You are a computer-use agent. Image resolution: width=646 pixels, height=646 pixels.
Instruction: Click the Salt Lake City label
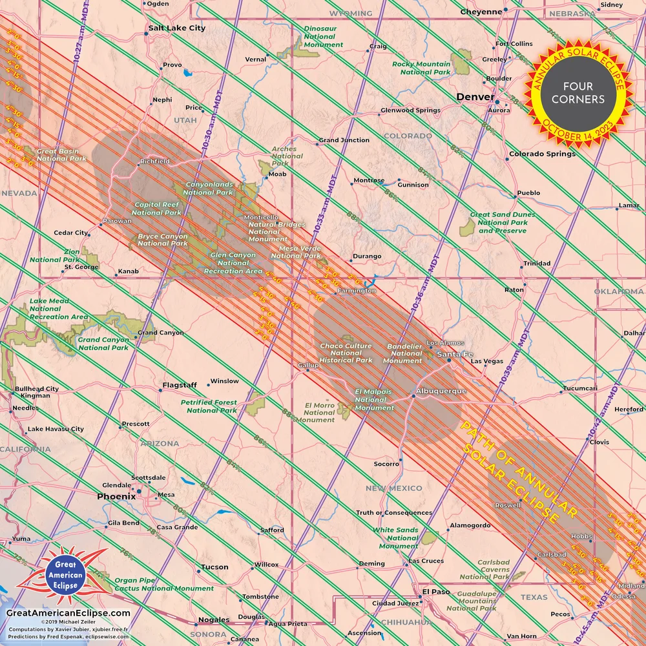coord(176,28)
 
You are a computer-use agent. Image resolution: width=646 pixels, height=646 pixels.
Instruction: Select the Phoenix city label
coord(116,497)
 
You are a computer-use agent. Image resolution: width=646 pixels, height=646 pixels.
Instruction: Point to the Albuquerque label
coord(441,391)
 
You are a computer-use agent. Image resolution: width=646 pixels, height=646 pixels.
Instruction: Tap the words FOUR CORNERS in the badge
coord(578,92)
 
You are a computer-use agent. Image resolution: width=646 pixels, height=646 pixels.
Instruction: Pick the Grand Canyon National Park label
coord(103,344)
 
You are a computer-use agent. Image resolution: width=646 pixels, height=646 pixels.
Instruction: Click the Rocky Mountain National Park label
coord(421,68)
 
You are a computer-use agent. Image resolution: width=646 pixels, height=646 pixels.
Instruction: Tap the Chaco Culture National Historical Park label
coord(346,353)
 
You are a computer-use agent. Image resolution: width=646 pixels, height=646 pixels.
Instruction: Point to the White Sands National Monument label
coord(395,537)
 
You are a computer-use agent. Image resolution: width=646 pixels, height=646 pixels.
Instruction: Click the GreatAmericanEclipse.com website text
coord(68,613)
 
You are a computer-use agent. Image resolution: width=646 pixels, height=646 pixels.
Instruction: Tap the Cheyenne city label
coord(481,12)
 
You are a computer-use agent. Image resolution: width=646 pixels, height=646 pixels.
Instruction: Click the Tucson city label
coord(214,567)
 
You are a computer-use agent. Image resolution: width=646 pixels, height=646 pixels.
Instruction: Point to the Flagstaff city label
coord(180,385)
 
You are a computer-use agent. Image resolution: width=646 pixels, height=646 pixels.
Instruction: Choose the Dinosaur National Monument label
coord(324,37)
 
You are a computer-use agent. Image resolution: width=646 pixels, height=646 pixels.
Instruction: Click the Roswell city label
coord(507,505)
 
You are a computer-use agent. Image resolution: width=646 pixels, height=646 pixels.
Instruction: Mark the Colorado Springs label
coord(542,154)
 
